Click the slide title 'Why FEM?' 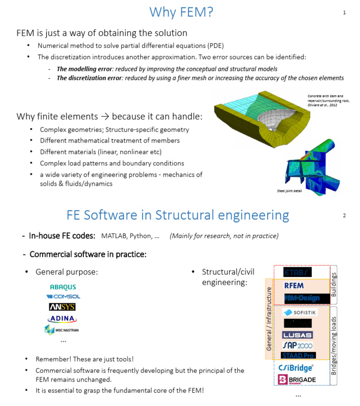pos(181,12)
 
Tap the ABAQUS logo pos(63,287)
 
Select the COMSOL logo pos(63,296)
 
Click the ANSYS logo pos(62,307)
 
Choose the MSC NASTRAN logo pos(62,330)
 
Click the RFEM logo pos(294,286)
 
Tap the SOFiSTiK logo pos(300,312)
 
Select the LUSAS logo pos(297,335)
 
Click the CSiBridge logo pos(296,368)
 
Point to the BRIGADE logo pos(297,379)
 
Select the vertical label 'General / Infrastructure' pos(269,318)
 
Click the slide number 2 pos(345,216)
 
